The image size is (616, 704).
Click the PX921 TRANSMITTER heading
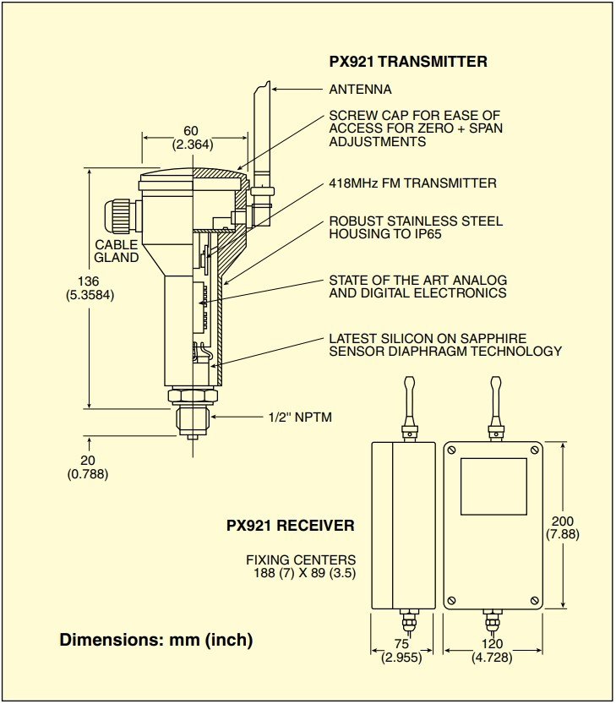pyautogui.click(x=407, y=62)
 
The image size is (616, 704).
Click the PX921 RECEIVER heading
pyautogui.click(x=290, y=525)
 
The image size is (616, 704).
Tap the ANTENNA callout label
pyautogui.click(x=360, y=89)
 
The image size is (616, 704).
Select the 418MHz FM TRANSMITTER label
pyautogui.click(x=412, y=183)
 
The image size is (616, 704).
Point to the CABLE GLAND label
pyautogui.click(x=116, y=251)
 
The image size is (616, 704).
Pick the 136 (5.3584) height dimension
pyautogui.click(x=89, y=288)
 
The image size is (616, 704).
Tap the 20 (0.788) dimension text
pyautogui.click(x=88, y=467)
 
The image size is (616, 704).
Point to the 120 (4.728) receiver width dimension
pyautogui.click(x=491, y=652)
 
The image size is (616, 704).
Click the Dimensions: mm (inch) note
pyautogui.click(x=155, y=640)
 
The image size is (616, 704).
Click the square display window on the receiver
pyautogui.click(x=493, y=486)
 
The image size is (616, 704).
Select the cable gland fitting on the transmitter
pyautogui.click(x=118, y=216)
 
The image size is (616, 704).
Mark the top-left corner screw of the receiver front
pyautogui.click(x=452, y=450)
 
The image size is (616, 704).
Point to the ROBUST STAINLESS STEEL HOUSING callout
pyautogui.click(x=415, y=227)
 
